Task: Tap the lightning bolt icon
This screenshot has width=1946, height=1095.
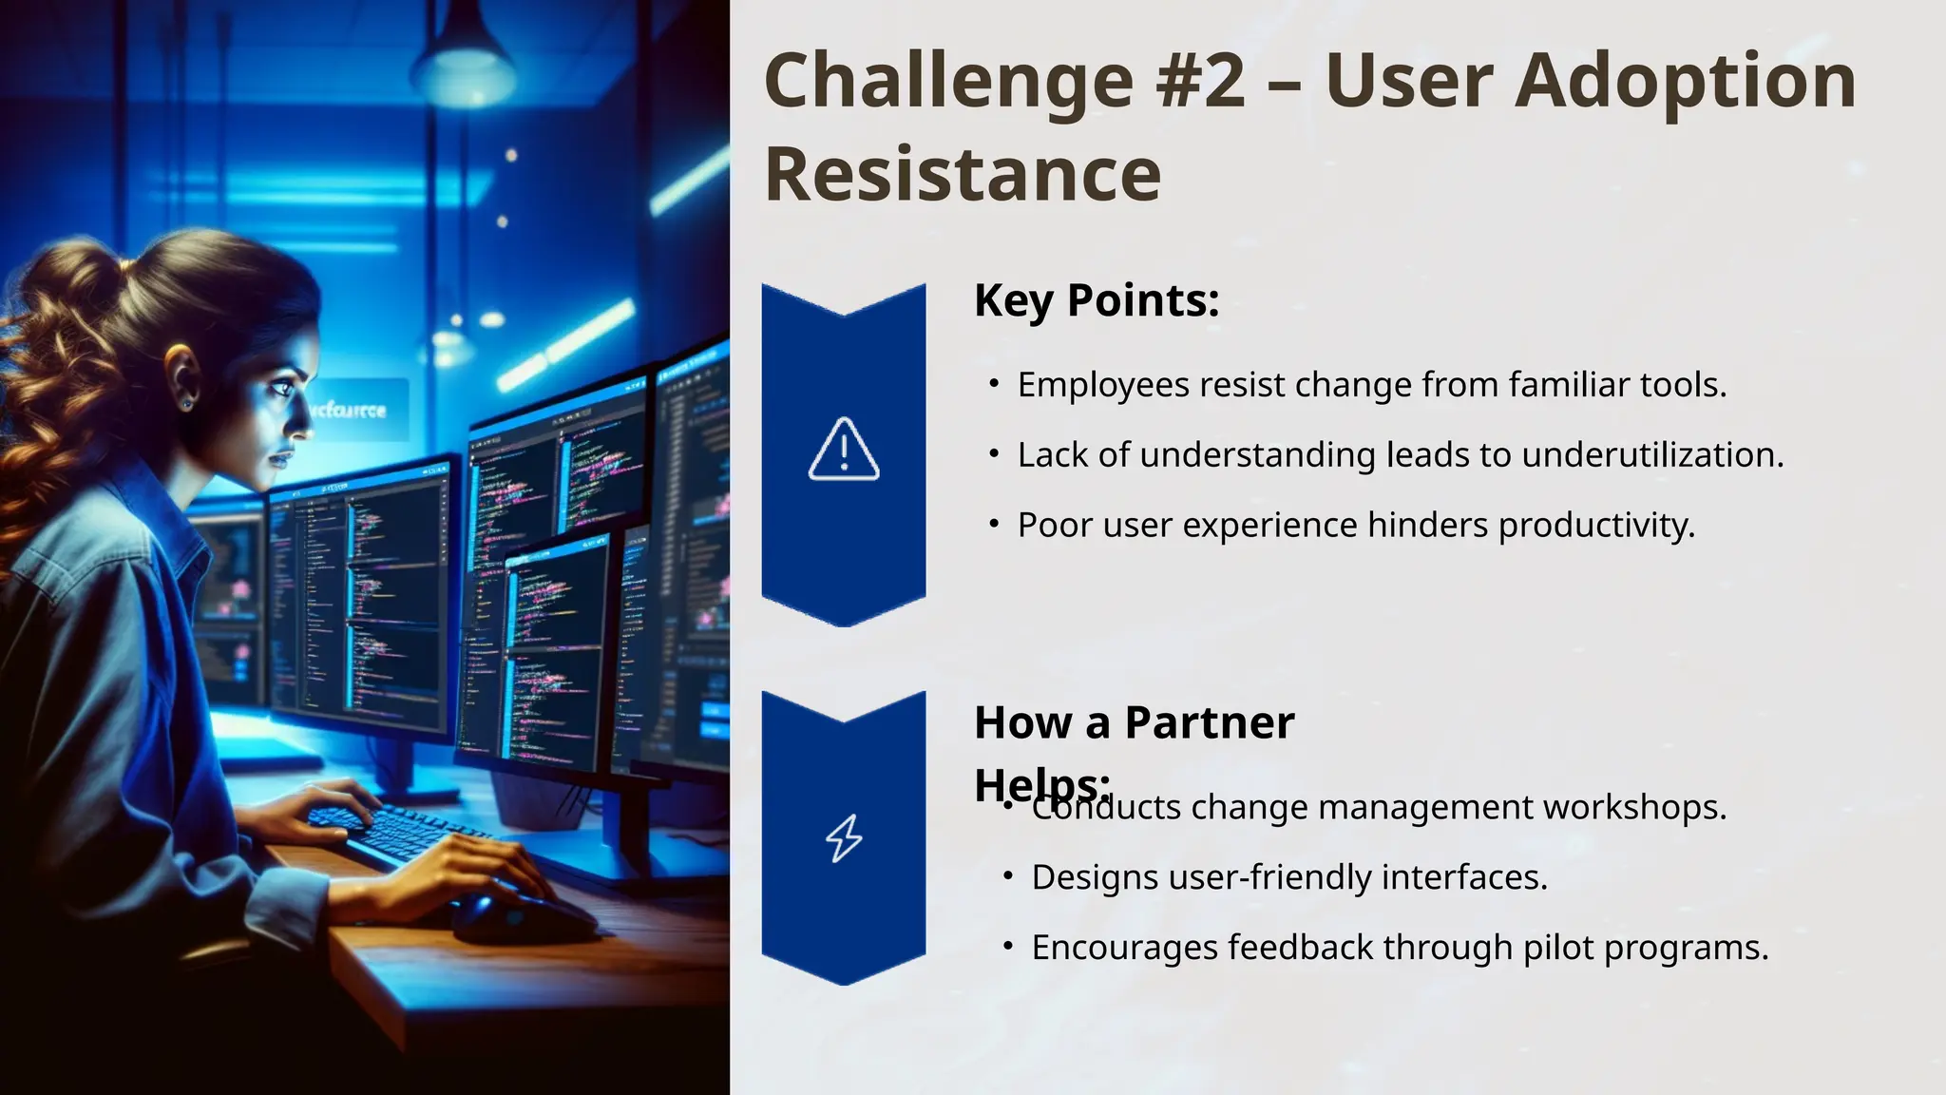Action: point(844,838)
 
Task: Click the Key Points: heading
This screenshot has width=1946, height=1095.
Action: point(1097,300)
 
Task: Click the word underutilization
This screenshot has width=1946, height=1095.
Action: point(1652,455)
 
